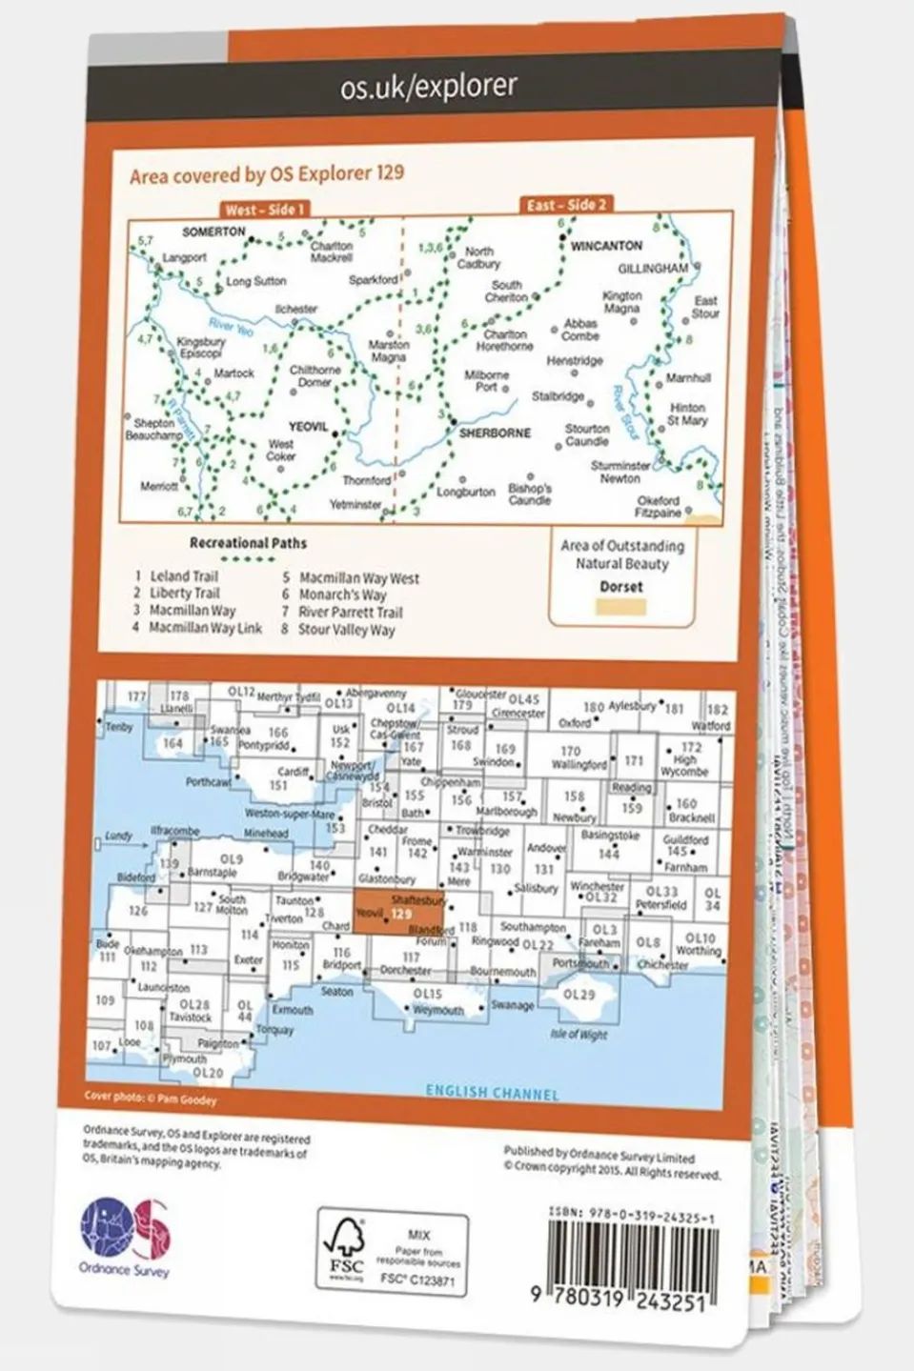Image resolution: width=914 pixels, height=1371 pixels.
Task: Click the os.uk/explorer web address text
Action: click(428, 87)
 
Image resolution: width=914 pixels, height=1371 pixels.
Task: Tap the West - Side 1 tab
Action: click(264, 209)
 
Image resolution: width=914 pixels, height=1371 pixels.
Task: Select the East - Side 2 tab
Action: click(566, 205)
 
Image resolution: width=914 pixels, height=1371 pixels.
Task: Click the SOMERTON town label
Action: click(213, 232)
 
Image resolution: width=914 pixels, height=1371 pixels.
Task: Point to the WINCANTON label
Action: click(606, 246)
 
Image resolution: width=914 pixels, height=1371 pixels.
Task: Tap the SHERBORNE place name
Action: click(495, 433)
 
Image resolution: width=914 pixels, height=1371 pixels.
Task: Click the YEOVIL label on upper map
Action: click(307, 427)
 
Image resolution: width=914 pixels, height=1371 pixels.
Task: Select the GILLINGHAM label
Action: click(652, 269)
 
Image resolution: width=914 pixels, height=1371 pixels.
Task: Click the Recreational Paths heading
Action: click(248, 543)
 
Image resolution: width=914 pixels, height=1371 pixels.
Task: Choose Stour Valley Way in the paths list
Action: click(346, 630)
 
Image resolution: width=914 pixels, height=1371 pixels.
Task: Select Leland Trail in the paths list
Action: click(184, 575)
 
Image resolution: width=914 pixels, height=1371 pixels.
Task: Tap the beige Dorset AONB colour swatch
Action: click(620, 607)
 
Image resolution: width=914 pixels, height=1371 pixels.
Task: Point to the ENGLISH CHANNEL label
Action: click(492, 1092)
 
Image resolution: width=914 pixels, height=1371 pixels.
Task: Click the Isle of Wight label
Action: click(578, 1034)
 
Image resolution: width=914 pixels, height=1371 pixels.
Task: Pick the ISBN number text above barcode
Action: click(631, 1216)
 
